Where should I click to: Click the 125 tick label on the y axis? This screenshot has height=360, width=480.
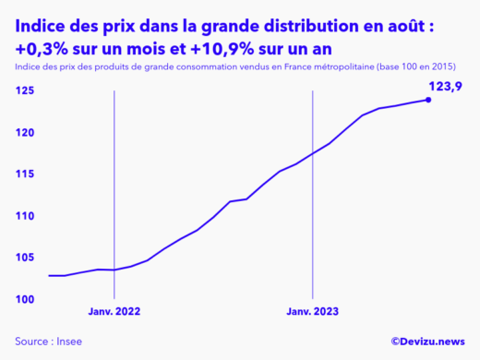coord(26,90)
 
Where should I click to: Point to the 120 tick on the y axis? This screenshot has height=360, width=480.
coord(26,133)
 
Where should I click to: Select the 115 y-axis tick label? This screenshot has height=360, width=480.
coord(26,174)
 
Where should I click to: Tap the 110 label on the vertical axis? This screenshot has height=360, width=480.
coord(26,216)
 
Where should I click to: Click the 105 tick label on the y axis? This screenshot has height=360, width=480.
coord(26,258)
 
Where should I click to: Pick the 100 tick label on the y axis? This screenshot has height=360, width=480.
coord(26,300)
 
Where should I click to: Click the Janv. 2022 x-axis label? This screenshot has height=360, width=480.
coord(114,312)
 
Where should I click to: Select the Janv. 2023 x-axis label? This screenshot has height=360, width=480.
coord(314,312)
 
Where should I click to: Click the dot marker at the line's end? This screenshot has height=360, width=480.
coord(428,100)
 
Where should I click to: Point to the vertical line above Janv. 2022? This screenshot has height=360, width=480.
coord(114,185)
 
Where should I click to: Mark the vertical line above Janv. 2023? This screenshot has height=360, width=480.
coord(314,185)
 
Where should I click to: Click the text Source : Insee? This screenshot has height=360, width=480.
coord(47,340)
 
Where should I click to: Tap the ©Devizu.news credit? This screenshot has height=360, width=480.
coord(427,340)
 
